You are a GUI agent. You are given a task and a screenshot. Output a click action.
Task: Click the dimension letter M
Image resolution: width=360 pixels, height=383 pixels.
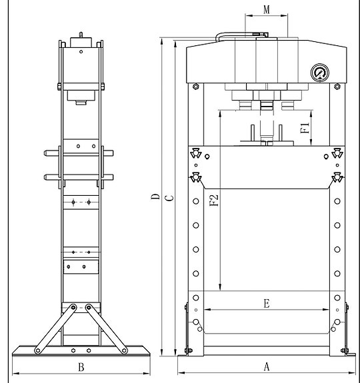(x=267, y=10)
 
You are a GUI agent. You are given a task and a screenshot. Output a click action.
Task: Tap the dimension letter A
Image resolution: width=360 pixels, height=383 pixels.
(x=267, y=366)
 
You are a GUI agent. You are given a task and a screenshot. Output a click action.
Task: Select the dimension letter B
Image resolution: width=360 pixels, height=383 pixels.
(x=81, y=367)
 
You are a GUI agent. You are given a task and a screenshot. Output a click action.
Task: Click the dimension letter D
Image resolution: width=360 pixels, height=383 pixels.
(x=155, y=196)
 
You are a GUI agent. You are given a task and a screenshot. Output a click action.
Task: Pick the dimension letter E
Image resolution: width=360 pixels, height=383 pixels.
(x=267, y=303)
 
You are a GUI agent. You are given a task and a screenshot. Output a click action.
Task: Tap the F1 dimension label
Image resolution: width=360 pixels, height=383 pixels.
(x=305, y=128)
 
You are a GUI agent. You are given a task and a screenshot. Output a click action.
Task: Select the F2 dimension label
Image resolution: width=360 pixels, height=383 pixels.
(x=214, y=200)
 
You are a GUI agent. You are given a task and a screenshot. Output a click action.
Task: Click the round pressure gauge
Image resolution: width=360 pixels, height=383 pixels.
(x=320, y=73)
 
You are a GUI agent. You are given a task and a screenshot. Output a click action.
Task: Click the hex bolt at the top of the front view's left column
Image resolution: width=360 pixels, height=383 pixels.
(x=195, y=86)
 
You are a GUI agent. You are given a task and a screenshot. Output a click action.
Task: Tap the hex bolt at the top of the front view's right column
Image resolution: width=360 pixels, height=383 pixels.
(x=337, y=86)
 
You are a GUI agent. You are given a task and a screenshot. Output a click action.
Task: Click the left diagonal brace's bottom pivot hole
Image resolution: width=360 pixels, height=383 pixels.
(x=38, y=351)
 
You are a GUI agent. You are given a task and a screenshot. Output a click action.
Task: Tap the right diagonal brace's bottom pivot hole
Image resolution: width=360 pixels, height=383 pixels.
(x=124, y=351)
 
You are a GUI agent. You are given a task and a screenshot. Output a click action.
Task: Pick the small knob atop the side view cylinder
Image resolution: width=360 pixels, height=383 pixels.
(x=81, y=35)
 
